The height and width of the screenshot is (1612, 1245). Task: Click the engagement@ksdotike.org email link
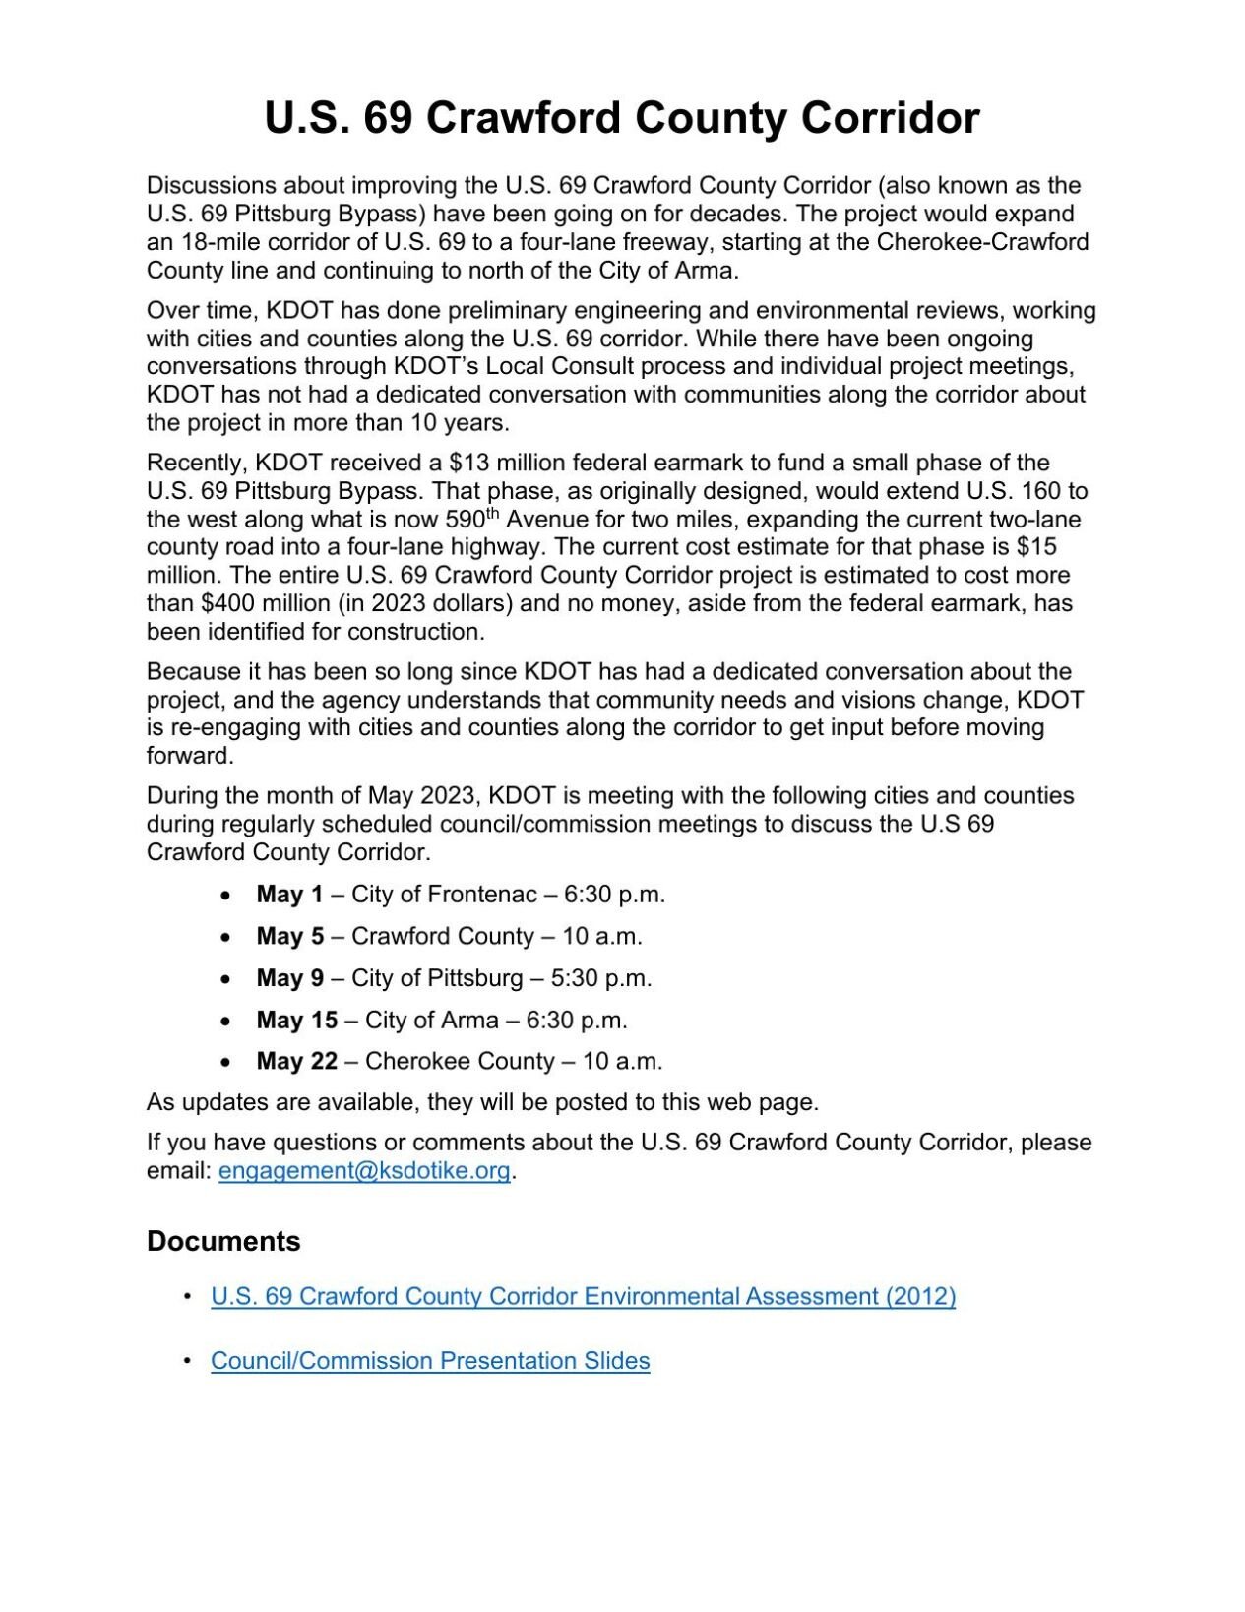click(x=363, y=1170)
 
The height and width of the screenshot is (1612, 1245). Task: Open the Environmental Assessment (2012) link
click(x=583, y=1296)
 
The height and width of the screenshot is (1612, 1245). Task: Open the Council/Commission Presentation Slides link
click(x=430, y=1361)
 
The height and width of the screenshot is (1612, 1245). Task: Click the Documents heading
click(x=223, y=1241)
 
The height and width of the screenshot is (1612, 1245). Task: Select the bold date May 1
click(x=289, y=895)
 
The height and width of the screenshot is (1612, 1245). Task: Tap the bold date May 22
click(x=296, y=1061)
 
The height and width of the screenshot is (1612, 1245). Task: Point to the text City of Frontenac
click(x=443, y=895)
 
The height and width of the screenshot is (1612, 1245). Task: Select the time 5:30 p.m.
click(x=601, y=978)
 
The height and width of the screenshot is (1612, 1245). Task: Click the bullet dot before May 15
click(x=226, y=1021)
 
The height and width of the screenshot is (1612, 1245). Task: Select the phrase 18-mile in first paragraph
click(x=218, y=242)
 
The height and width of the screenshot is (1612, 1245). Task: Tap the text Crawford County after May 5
click(x=443, y=936)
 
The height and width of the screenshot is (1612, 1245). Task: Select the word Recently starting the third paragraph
click(x=197, y=463)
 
